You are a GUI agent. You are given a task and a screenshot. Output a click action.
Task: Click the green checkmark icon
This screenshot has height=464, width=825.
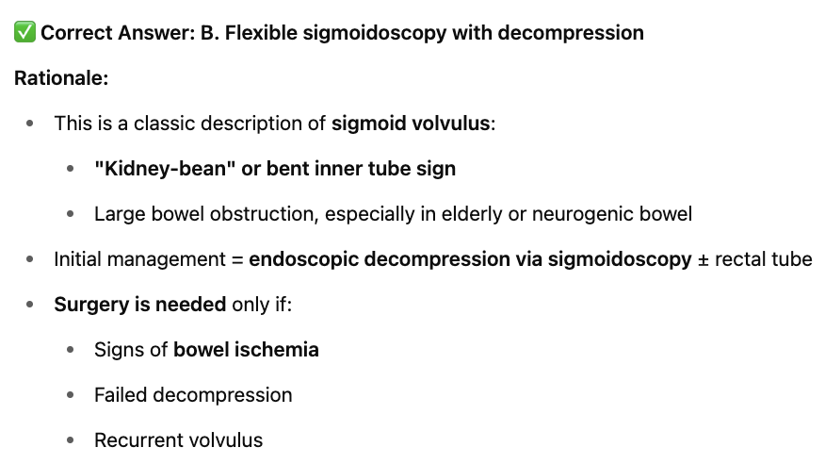24,33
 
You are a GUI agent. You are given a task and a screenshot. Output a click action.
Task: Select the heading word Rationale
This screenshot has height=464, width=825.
59,78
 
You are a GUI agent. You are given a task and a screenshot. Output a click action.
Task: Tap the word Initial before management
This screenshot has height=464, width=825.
78,259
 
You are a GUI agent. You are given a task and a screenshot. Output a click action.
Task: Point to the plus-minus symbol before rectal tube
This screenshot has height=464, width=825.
703,259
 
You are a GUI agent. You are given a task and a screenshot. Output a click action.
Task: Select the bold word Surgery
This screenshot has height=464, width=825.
90,305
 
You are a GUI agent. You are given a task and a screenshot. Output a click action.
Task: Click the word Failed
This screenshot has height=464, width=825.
121,395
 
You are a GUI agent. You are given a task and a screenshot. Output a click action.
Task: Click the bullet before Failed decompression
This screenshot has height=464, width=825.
71,395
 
